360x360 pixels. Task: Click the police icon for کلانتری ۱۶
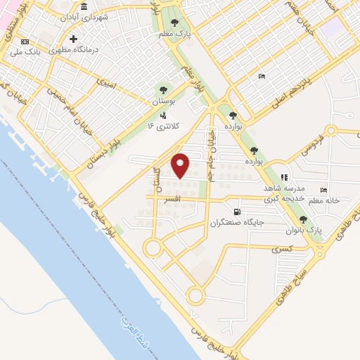163,115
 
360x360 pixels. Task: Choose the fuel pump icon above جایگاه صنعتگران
236,212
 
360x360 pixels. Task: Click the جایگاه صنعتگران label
236,223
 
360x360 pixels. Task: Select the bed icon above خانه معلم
323,190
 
